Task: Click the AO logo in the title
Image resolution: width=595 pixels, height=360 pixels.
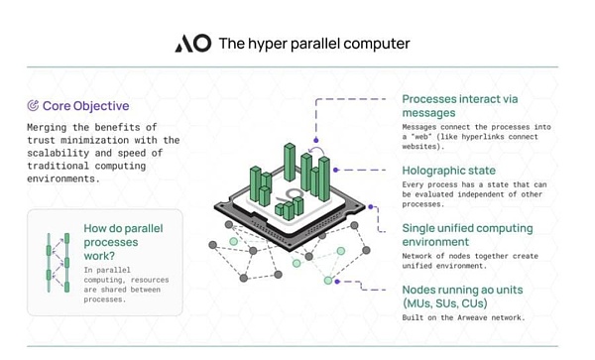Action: (x=192, y=44)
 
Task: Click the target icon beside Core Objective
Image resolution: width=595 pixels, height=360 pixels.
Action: (x=33, y=105)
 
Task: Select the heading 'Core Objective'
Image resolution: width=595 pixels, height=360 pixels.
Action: (x=85, y=105)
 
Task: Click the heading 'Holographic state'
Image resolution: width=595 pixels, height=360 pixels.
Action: (x=448, y=171)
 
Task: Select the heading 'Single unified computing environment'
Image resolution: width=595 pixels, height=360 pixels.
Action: (x=467, y=235)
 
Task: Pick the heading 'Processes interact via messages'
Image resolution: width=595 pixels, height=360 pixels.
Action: (x=460, y=106)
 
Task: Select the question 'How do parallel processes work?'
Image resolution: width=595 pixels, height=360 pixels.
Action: (x=123, y=242)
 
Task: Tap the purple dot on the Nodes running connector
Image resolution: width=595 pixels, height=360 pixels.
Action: (x=337, y=282)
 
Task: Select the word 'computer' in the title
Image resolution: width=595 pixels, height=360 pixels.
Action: (x=376, y=45)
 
